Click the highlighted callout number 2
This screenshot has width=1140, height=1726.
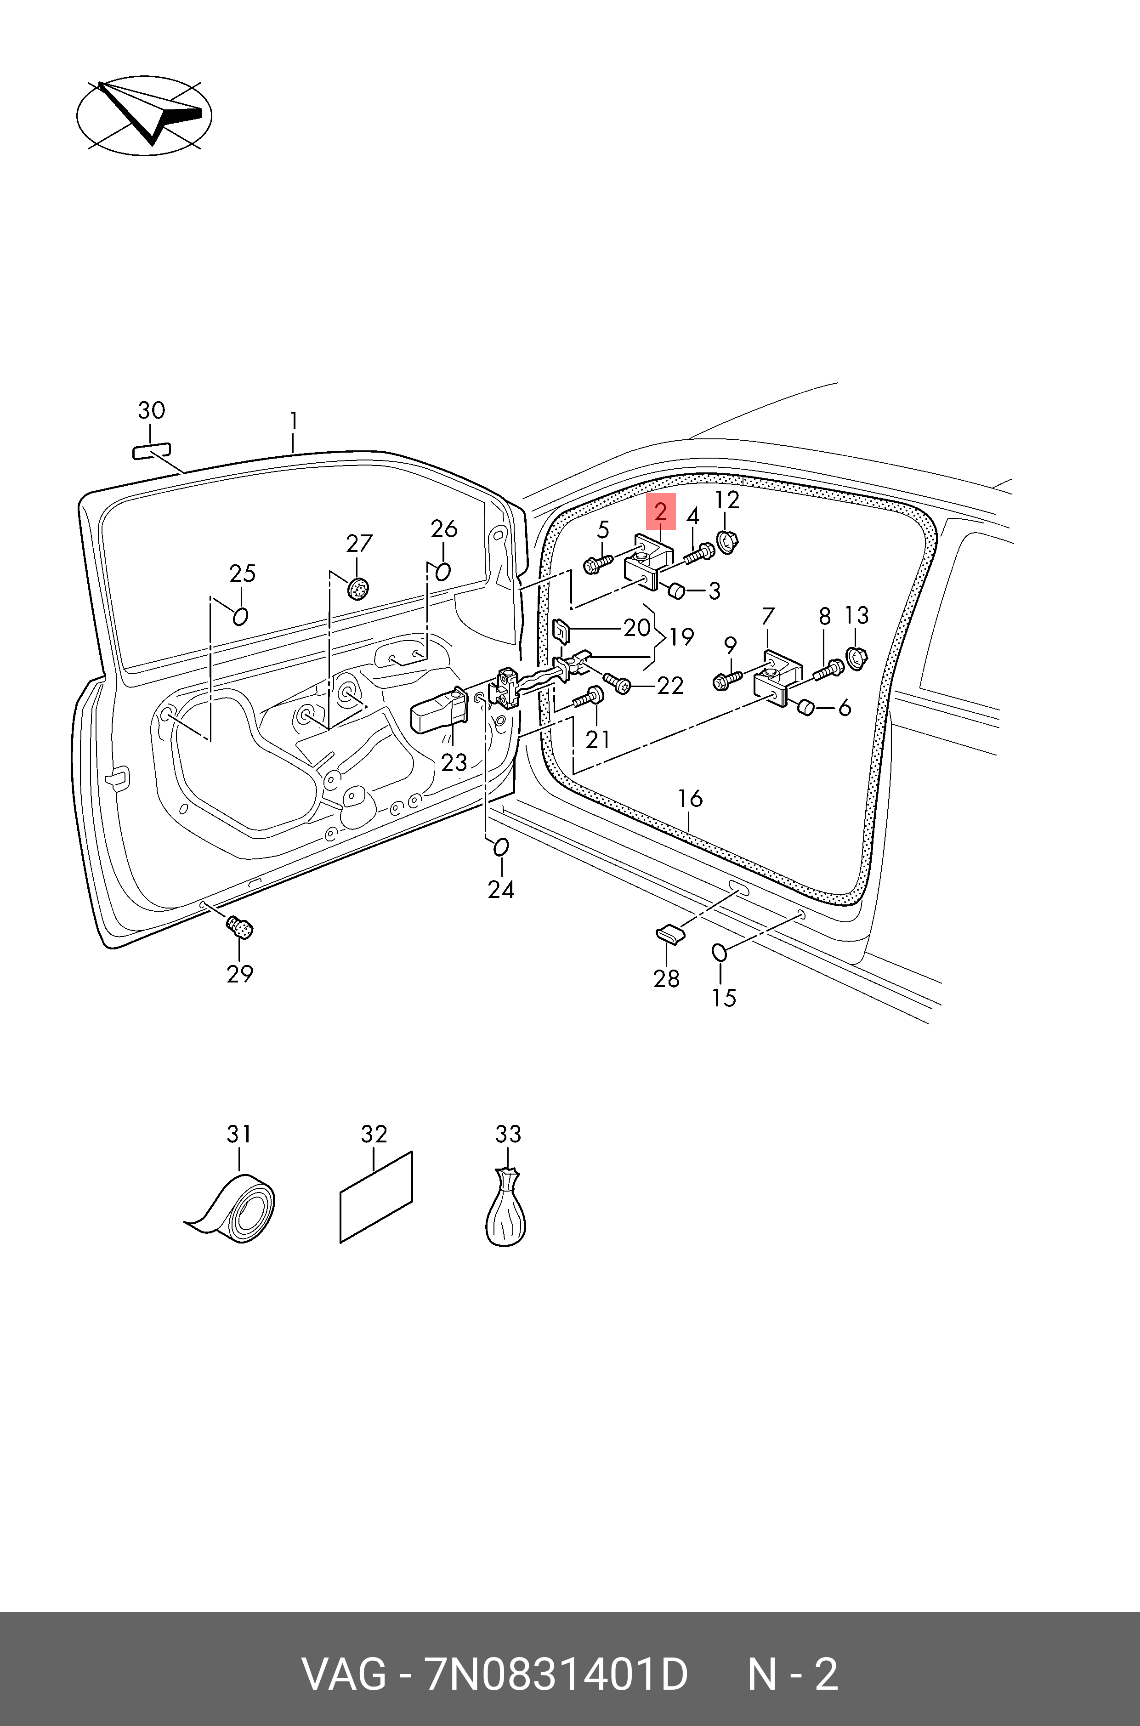point(660,511)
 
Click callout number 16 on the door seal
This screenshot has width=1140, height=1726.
point(690,798)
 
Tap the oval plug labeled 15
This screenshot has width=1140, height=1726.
point(719,952)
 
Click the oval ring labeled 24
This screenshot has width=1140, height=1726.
point(501,848)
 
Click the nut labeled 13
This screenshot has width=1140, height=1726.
point(857,658)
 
